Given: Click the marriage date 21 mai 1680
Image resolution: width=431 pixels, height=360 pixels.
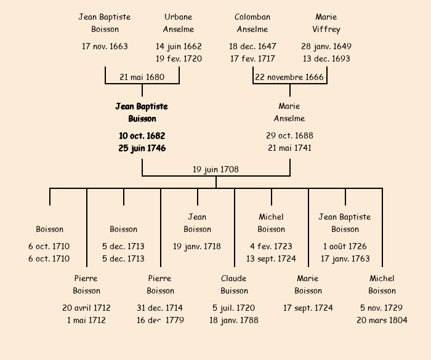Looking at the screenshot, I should [142, 78].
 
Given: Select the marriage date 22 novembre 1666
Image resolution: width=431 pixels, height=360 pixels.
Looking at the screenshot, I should [289, 78].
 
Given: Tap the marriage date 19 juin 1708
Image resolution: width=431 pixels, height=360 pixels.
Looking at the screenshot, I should [216, 169].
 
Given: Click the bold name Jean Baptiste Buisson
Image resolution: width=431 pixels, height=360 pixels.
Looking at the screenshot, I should [142, 113].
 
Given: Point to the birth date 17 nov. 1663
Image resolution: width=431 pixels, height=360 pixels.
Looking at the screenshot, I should [105, 46].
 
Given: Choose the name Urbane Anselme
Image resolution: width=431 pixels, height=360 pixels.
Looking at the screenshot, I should [179, 23].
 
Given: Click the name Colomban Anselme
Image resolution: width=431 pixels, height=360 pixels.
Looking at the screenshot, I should [252, 23].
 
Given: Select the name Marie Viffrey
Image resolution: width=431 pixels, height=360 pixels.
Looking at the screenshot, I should [326, 23].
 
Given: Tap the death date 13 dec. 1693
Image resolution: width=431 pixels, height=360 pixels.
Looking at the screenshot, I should [326, 59].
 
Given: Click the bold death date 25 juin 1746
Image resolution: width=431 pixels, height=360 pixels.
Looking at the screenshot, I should [142, 148].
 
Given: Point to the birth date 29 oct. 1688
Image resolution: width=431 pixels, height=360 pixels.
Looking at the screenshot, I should [289, 135].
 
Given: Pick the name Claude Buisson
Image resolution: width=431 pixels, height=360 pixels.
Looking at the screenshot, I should [234, 285].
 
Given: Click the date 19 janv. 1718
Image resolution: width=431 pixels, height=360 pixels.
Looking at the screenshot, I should [197, 246].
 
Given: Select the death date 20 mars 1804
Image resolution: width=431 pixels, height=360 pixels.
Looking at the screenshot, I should [382, 320].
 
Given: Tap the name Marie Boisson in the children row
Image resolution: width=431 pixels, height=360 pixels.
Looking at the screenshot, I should [308, 285].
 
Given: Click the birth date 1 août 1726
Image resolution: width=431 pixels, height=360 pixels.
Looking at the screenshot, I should [345, 246].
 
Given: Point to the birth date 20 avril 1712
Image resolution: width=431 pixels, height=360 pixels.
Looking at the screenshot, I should [86, 308].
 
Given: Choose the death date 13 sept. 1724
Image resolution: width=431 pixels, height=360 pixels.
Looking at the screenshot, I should [271, 259].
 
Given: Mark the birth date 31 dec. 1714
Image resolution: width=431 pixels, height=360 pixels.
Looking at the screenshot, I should [160, 308].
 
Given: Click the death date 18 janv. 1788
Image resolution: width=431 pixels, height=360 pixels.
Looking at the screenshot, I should [234, 320].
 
